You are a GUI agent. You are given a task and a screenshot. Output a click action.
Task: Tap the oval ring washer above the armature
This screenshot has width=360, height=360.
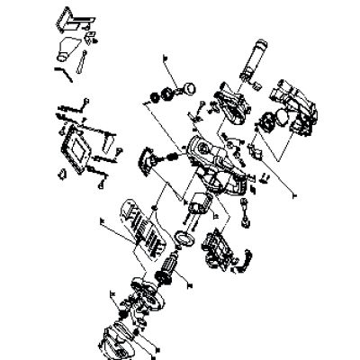[184, 237]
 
